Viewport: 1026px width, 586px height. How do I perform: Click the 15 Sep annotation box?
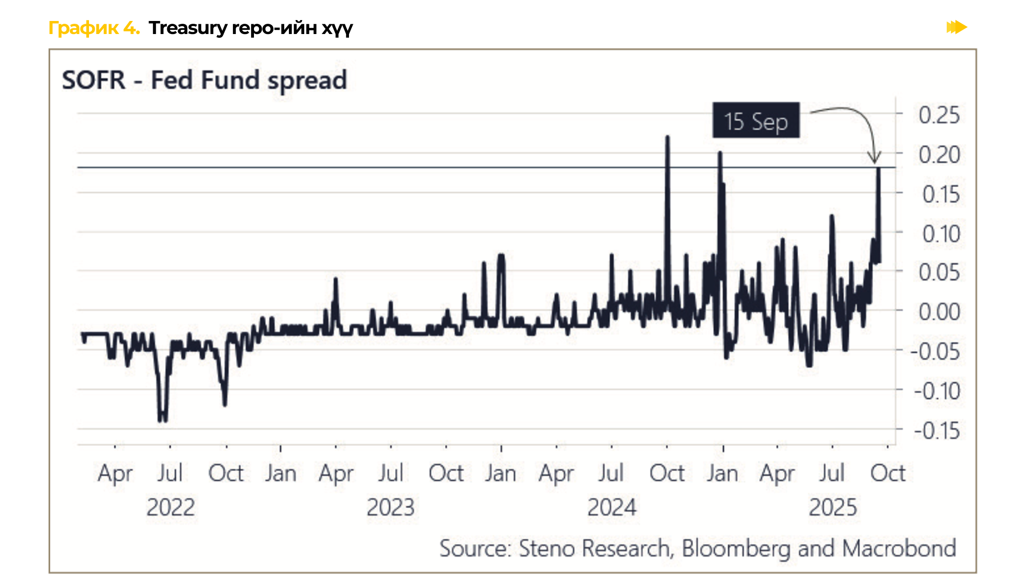click(755, 120)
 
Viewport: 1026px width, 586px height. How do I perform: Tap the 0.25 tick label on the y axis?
click(938, 115)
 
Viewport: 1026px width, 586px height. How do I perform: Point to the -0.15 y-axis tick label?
click(937, 430)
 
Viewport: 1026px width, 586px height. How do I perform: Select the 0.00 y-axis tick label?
click(938, 312)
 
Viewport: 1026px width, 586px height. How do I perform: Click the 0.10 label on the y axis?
click(940, 234)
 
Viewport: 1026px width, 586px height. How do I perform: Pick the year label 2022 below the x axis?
click(170, 507)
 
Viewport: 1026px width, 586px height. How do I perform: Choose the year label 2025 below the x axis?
click(832, 507)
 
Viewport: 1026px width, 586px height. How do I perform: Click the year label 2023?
click(390, 507)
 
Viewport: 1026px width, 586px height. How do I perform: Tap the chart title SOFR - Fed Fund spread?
click(205, 80)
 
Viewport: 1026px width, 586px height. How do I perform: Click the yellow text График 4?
click(94, 28)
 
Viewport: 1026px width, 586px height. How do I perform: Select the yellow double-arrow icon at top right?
click(956, 28)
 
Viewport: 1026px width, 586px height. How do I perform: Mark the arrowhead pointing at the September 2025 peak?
click(875, 159)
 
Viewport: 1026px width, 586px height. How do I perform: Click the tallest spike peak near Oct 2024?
click(667, 137)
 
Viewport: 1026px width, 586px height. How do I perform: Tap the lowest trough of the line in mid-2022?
click(162, 420)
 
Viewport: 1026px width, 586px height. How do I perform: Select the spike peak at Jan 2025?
click(720, 153)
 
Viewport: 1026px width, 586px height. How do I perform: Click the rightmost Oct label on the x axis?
click(887, 474)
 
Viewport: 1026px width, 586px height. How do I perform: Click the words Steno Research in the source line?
click(594, 548)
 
